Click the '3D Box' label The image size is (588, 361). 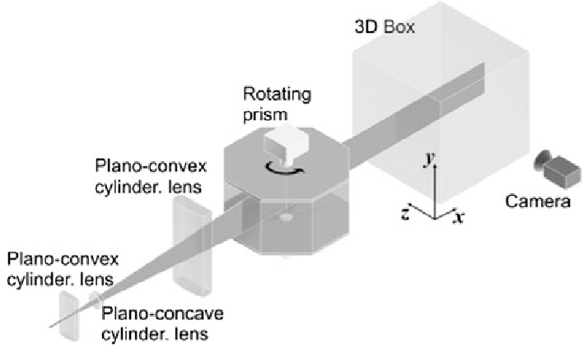coord(384,27)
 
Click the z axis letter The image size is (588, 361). coord(405,213)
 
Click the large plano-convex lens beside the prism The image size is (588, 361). coord(191,244)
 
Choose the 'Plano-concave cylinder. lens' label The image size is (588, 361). coord(161,324)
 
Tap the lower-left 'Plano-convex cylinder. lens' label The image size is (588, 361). coord(62,268)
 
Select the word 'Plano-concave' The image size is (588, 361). coord(161,315)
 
